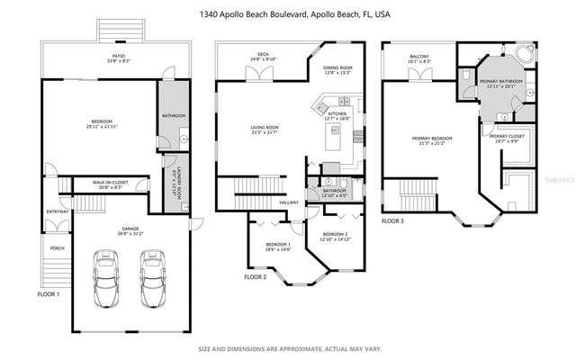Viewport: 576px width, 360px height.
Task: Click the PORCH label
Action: tap(57, 249)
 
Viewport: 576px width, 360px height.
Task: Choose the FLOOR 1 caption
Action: tap(49, 294)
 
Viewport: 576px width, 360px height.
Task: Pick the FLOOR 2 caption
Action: tap(256, 277)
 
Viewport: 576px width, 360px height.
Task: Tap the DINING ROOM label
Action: tap(337, 70)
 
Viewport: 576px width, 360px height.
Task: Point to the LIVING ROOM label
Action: tap(265, 130)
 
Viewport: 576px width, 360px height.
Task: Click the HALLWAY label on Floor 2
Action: tap(288, 203)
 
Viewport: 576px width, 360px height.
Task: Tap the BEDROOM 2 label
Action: tap(334, 237)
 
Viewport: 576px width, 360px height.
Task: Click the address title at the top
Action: tap(287, 15)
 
